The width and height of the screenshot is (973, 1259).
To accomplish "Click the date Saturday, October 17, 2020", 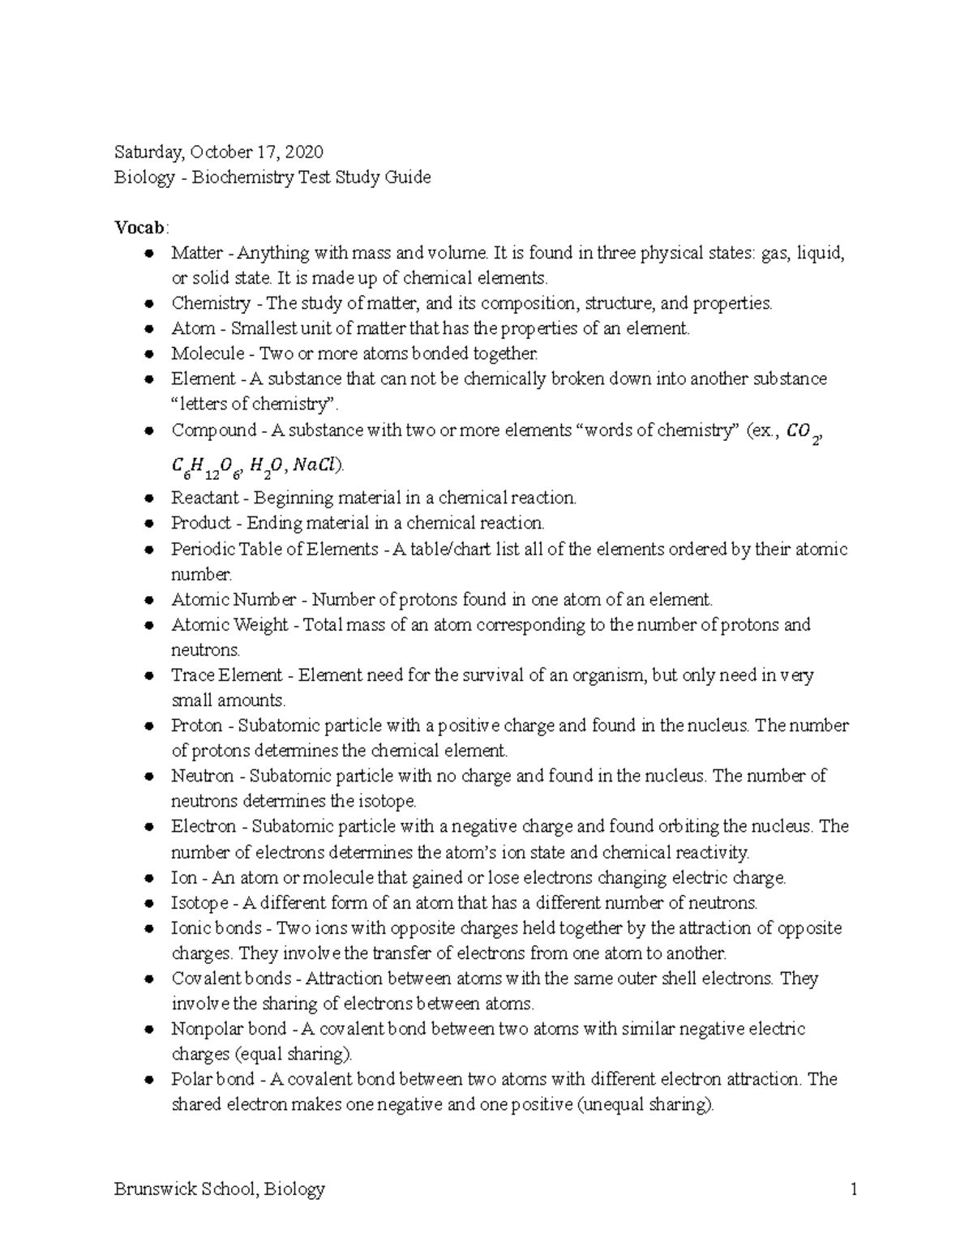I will pyautogui.click(x=218, y=152).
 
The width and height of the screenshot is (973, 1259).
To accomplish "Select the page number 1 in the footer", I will pyautogui.click(x=853, y=1189).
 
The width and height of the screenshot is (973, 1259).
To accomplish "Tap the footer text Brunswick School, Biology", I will pyautogui.click(x=219, y=1189).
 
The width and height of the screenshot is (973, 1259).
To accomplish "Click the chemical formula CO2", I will pyautogui.click(x=805, y=433).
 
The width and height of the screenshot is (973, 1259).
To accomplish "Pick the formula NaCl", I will pyautogui.click(x=317, y=465).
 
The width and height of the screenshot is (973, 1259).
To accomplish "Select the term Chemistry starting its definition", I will pyautogui.click(x=210, y=303).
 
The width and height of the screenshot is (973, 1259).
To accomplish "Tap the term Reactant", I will pyautogui.click(x=204, y=497).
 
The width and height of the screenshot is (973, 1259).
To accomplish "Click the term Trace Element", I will pyautogui.click(x=226, y=675).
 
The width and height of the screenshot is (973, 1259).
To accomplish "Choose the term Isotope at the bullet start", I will pyautogui.click(x=199, y=902).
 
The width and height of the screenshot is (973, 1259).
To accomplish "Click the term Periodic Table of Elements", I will pyautogui.click(x=274, y=549).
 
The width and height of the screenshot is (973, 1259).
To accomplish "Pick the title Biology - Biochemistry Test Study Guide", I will pyautogui.click(x=272, y=177).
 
